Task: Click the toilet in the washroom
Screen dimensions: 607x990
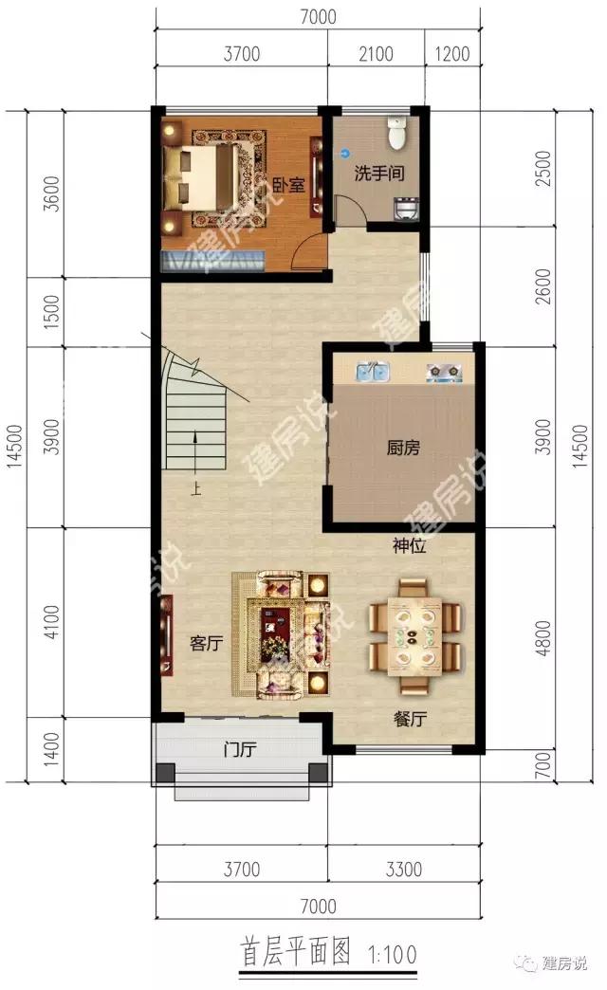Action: [396, 132]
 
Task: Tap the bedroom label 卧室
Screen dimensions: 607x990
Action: [288, 185]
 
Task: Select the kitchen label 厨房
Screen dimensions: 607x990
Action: [403, 448]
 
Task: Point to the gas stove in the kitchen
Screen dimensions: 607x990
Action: [444, 373]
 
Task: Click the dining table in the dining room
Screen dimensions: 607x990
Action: [414, 635]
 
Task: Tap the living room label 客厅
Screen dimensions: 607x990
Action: [207, 643]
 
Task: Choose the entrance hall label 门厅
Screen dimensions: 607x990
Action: [239, 749]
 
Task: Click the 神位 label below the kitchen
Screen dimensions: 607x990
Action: [410, 545]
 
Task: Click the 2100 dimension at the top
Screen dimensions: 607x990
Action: [376, 54]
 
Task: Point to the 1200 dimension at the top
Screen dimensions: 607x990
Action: [452, 54]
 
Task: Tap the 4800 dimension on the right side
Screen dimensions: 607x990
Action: [543, 638]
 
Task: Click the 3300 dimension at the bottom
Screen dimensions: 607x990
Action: [404, 870]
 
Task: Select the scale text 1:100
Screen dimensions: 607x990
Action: [393, 953]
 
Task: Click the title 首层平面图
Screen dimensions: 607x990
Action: [296, 951]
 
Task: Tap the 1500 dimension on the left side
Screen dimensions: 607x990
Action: [52, 312]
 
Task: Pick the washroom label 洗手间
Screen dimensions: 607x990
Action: [379, 173]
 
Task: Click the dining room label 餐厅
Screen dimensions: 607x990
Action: [410, 719]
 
